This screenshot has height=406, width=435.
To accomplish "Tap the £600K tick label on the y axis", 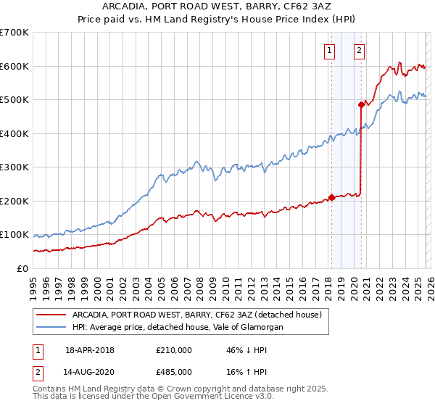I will click(x=14, y=66).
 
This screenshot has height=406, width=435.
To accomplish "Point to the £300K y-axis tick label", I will click(x=14, y=167).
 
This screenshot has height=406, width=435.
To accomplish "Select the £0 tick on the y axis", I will click(x=22, y=269).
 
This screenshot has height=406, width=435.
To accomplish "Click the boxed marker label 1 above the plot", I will click(x=330, y=51).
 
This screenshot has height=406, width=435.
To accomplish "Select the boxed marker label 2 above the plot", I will click(x=359, y=51).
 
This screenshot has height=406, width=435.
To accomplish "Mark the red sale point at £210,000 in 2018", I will click(x=331, y=197).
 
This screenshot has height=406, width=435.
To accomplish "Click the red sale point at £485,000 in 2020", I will click(x=361, y=104).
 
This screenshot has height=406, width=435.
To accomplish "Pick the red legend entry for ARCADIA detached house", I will click(x=181, y=314).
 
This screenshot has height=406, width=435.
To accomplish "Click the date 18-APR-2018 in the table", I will click(x=90, y=350).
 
